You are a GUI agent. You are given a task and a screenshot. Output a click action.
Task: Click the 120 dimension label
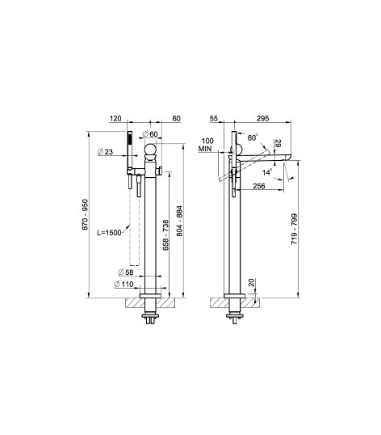tap(115, 119)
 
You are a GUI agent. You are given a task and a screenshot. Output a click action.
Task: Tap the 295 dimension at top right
tap(262, 119)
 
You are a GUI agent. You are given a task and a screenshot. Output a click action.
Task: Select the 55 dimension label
tap(213, 119)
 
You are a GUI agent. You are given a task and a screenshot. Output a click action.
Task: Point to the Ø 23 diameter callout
tap(106, 152)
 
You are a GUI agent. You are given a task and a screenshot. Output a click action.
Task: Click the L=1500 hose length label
tap(109, 233)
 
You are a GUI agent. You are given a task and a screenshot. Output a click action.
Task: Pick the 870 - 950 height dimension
tap(85, 214)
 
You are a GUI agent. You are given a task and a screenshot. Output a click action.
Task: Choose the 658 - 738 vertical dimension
tap(165, 235)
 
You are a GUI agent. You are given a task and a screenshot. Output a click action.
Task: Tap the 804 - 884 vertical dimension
tap(180, 221)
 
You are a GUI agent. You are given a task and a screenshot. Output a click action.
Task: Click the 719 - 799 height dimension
tap(294, 229)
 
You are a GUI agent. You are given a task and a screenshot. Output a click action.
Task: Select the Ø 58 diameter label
tap(126, 272)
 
